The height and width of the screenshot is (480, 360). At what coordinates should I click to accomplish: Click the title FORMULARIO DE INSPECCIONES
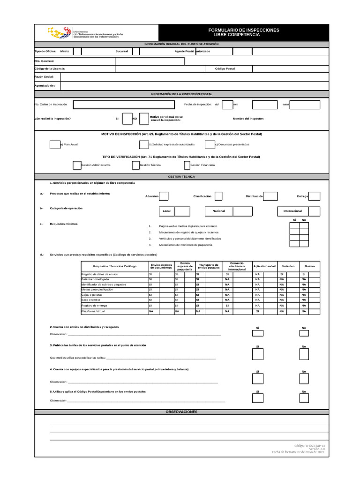(243, 30)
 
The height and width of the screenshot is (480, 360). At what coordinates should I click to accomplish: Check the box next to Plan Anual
(55, 144)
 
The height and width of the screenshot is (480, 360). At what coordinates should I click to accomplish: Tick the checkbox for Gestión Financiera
(187, 165)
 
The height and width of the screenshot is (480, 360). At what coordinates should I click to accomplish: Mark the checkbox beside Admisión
(164, 196)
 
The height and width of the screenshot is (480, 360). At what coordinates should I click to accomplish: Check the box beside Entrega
(314, 196)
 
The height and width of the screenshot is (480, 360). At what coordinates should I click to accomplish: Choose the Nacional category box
(218, 211)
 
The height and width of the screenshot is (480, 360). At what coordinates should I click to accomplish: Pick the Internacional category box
(292, 211)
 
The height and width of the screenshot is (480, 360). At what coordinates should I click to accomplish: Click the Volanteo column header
(288, 266)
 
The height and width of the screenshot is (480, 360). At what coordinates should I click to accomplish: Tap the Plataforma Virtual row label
(93, 311)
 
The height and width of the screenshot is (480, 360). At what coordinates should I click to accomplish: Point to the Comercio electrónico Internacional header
(237, 266)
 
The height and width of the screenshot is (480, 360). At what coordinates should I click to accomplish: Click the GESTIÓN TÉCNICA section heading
(181, 176)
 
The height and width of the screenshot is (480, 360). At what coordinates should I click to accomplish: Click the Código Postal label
(225, 68)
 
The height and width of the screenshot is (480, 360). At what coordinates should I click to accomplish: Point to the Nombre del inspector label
(248, 119)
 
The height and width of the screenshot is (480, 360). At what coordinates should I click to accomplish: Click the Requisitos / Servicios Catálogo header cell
(114, 266)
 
